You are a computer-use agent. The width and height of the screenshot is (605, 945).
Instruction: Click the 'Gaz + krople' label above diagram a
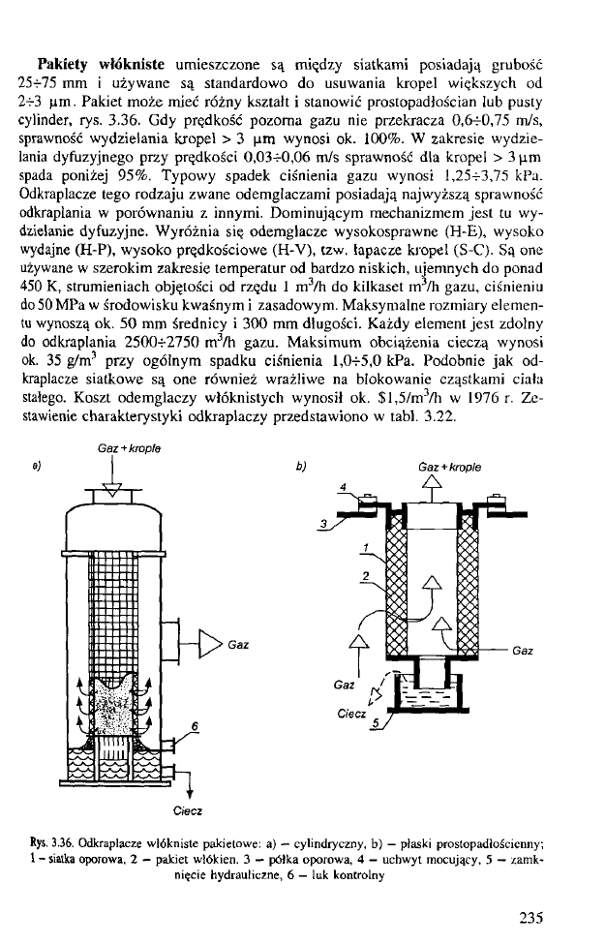tap(129, 448)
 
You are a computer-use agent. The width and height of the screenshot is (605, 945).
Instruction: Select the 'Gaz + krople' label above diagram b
tap(448, 467)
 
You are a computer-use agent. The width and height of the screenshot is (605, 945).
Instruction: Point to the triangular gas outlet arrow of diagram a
tap(213, 643)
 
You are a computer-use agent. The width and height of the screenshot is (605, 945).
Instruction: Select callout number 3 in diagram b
tap(325, 524)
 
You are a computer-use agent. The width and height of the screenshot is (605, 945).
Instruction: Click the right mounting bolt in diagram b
tap(494, 501)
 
